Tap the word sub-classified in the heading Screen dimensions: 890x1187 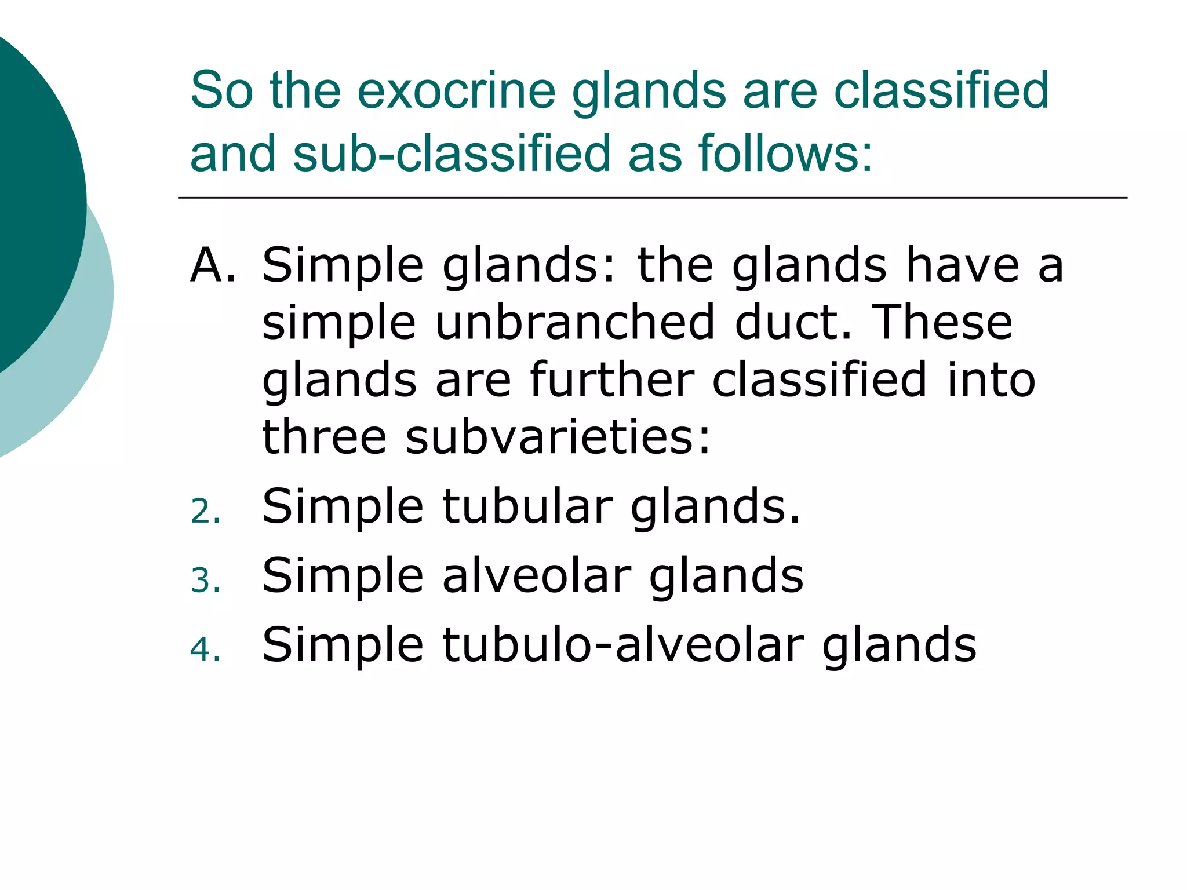pos(451,154)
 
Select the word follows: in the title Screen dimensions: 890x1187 pos(785,154)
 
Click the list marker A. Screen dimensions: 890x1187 pos(213,265)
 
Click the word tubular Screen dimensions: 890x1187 pos(527,506)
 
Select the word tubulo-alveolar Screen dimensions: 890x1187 pos(624,644)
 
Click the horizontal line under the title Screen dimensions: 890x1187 pos(652,198)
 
